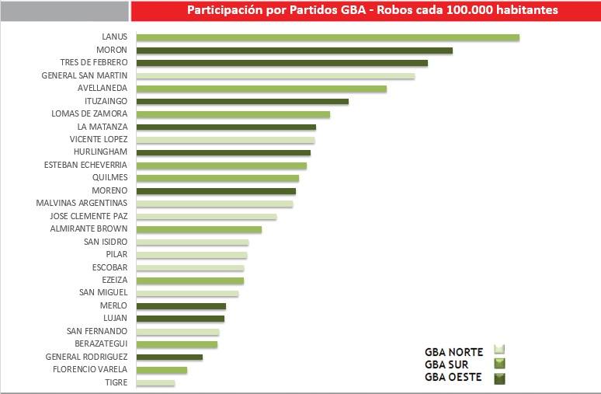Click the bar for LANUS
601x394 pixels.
[327, 37]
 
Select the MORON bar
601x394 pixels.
[294, 51]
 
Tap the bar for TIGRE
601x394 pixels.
[155, 382]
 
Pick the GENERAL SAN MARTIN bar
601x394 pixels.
[275, 76]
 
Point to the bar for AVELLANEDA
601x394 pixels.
[261, 89]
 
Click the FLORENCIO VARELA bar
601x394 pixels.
[162, 370]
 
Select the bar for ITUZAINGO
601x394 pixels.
[242, 102]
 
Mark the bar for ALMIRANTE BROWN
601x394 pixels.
[199, 229]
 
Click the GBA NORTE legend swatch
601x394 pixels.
[499, 350]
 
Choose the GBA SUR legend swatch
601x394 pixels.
[499, 364]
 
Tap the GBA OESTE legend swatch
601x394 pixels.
[499, 378]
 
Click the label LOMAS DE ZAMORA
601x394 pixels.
[89, 114]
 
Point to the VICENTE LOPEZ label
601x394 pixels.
[99, 140]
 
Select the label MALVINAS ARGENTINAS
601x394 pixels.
[82, 204]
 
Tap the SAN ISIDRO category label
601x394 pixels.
[106, 242]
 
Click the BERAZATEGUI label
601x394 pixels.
[97, 343]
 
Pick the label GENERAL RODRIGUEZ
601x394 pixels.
[86, 357]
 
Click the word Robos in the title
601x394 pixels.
[361, 11]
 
